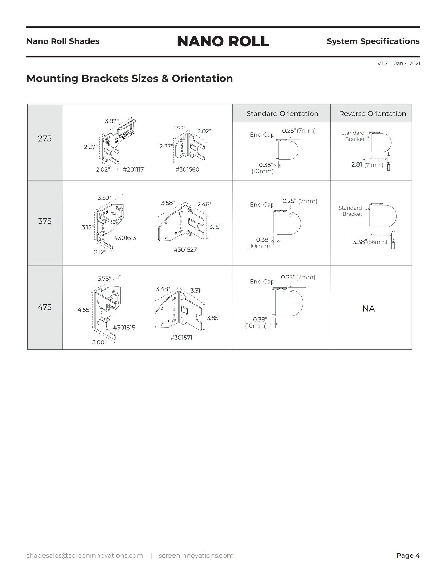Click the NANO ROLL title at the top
pos(223,41)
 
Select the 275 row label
pos(45,139)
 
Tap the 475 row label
pos(45,307)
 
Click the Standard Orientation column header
pos(282,114)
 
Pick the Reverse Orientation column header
pos(372,114)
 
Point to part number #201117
pos(133,169)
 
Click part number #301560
pos(187,169)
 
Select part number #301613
pos(125,238)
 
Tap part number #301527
pos(185,250)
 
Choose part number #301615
pos(124,328)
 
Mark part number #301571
pos(181,338)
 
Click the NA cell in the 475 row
pos(369,309)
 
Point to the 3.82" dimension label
pos(112,121)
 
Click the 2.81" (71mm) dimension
pos(367,165)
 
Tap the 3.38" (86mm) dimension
pos(370,242)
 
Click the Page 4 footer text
pos(408,555)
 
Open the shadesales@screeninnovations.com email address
pos(85,555)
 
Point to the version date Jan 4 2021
pos(407,63)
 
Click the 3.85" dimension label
pos(214,318)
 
